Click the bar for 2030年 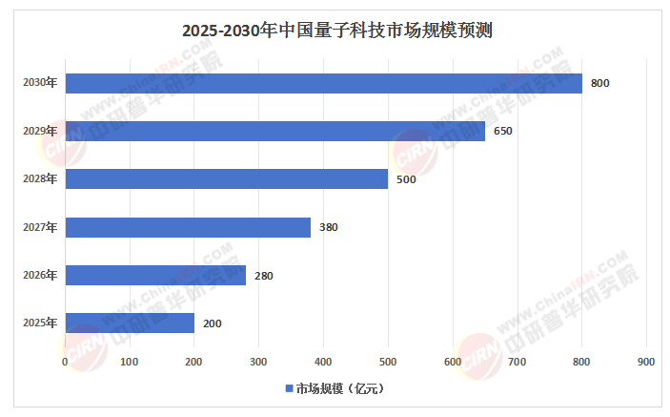pyautogui.click(x=323, y=83)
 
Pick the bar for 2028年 pyautogui.click(x=226, y=179)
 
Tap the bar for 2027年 pyautogui.click(x=188, y=227)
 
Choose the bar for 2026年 pyautogui.click(x=155, y=276)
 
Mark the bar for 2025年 pyautogui.click(x=130, y=323)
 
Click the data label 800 pyautogui.click(x=599, y=83)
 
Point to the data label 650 pyautogui.click(x=503, y=131)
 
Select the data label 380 pyautogui.click(x=329, y=227)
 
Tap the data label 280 pyautogui.click(x=264, y=276)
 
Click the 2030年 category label pyautogui.click(x=40, y=83)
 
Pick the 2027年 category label pyautogui.click(x=40, y=227)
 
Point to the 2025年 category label pyautogui.click(x=40, y=323)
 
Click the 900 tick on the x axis pyautogui.click(x=645, y=362)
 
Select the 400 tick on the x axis pyautogui.click(x=323, y=362)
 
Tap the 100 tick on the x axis pyautogui.click(x=130, y=362)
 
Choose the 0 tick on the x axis pyautogui.click(x=65, y=362)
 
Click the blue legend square pyautogui.click(x=289, y=389)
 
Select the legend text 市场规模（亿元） pyautogui.click(x=339, y=389)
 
